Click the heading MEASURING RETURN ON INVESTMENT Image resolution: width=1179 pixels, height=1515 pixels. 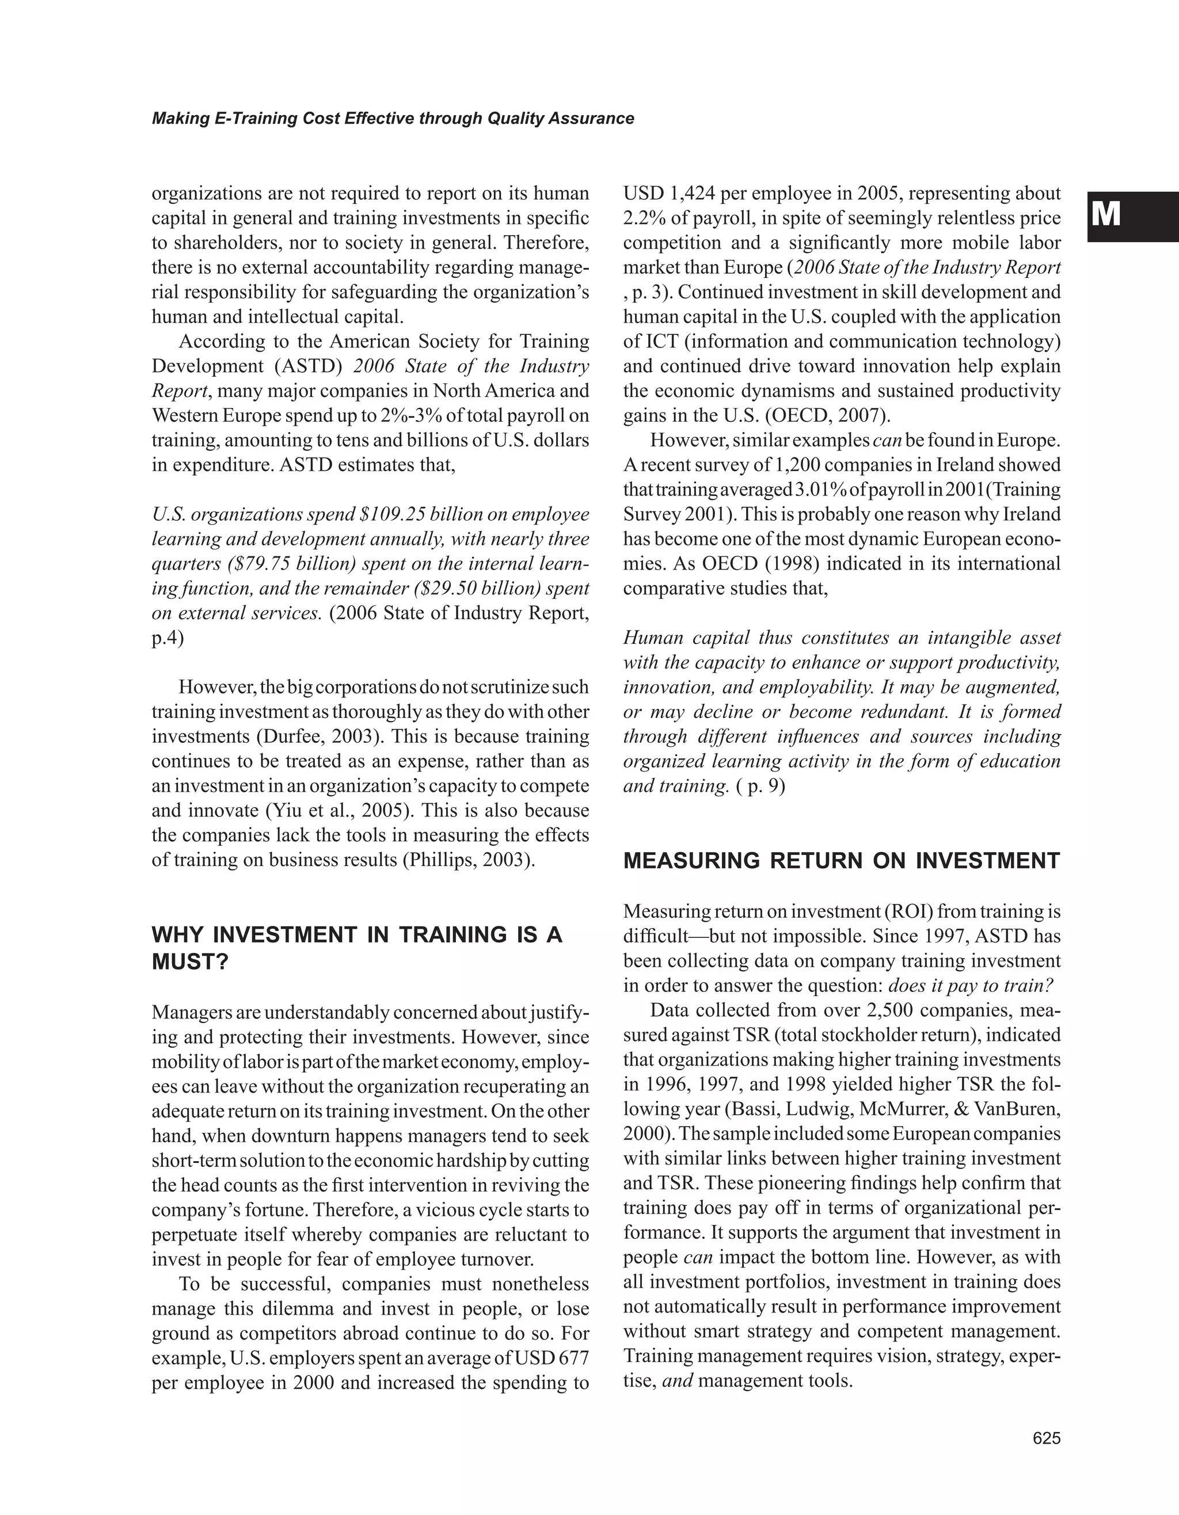(842, 861)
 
